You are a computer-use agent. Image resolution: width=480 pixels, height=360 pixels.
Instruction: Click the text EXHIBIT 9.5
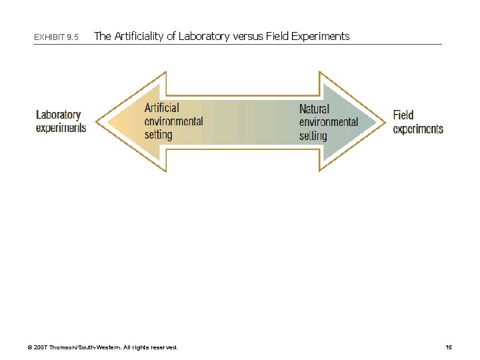pyautogui.click(x=56, y=37)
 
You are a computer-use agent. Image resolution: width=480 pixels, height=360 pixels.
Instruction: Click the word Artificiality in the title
pyautogui.click(x=139, y=36)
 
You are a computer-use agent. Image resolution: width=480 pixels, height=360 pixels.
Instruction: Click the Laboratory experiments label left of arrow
pyautogui.click(x=61, y=121)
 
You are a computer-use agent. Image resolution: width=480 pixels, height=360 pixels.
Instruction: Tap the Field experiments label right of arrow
pyautogui.click(x=417, y=122)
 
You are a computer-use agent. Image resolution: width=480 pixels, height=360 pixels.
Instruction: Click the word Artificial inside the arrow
pyautogui.click(x=162, y=108)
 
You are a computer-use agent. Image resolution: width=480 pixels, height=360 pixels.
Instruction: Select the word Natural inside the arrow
pyautogui.click(x=314, y=109)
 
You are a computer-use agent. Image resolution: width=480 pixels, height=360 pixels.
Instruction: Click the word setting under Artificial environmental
pyautogui.click(x=159, y=135)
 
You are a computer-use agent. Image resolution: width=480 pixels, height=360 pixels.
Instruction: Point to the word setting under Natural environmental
pyautogui.click(x=313, y=136)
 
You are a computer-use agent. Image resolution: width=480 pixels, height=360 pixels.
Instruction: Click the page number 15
pyautogui.click(x=449, y=347)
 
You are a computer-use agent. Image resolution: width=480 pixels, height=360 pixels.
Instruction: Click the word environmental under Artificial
pyautogui.click(x=174, y=121)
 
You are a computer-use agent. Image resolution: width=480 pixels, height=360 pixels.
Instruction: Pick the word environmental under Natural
pyautogui.click(x=329, y=122)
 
